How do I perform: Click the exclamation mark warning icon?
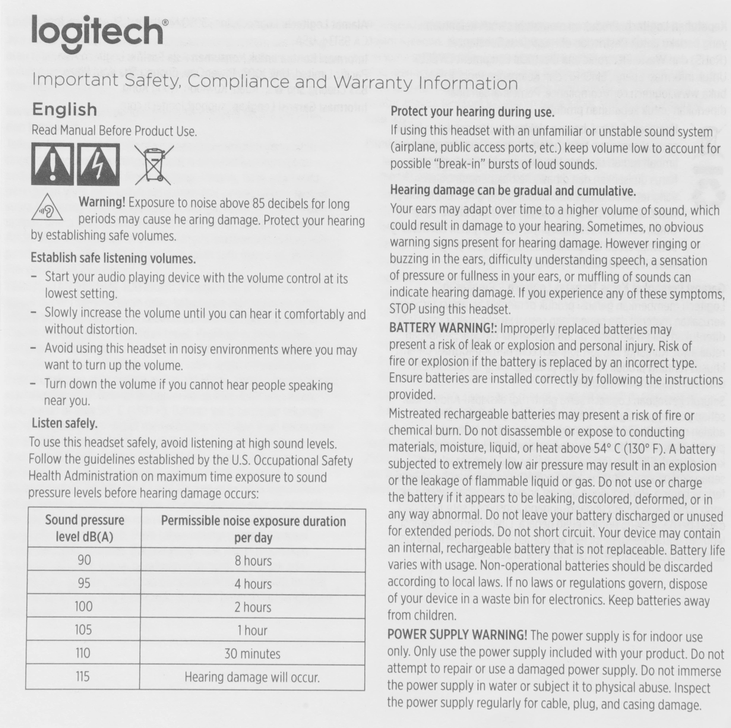pos(53,164)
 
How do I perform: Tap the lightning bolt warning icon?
pos(98,164)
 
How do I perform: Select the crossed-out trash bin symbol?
pos(153,164)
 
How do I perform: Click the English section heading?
pos(65,109)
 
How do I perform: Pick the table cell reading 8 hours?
pos(253,560)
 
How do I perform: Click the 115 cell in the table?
pos(83,676)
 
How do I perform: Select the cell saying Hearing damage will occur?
pos(252,677)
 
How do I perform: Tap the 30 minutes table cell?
pos(252,653)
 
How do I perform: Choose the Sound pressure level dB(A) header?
pos(84,528)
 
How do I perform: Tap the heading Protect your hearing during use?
pos(472,112)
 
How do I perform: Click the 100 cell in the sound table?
pos(83,607)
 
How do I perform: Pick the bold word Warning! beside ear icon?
pos(102,203)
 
